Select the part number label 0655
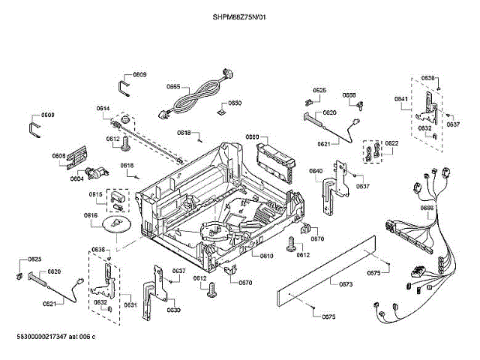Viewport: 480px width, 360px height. pos(173,87)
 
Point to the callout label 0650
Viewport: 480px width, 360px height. pos(235,103)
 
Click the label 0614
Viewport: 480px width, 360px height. pos(103,109)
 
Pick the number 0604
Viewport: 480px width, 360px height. pos(76,179)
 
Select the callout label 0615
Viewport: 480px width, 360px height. pos(95,194)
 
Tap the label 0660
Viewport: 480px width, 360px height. pos(252,137)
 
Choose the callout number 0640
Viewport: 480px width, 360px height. pos(316,171)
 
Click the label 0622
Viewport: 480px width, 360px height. pos(391,143)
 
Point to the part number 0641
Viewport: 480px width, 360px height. pos(401,100)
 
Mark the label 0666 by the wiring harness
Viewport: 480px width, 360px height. pos(427,208)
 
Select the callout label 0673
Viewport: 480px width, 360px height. pos(346,284)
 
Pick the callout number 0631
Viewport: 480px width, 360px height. pos(130,305)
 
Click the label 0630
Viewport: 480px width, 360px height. pos(173,310)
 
